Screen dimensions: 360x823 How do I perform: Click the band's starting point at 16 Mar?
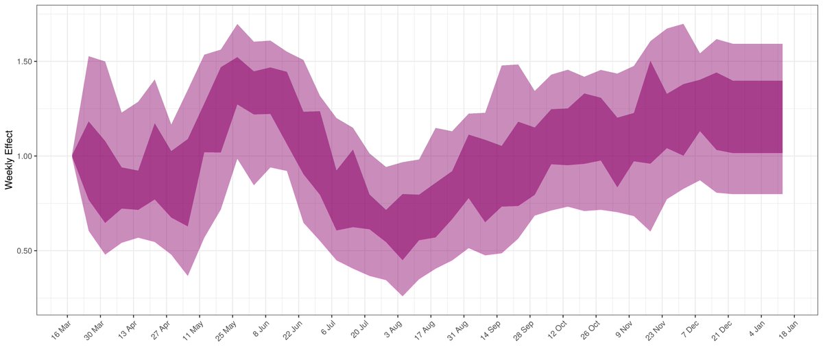tap(72, 156)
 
